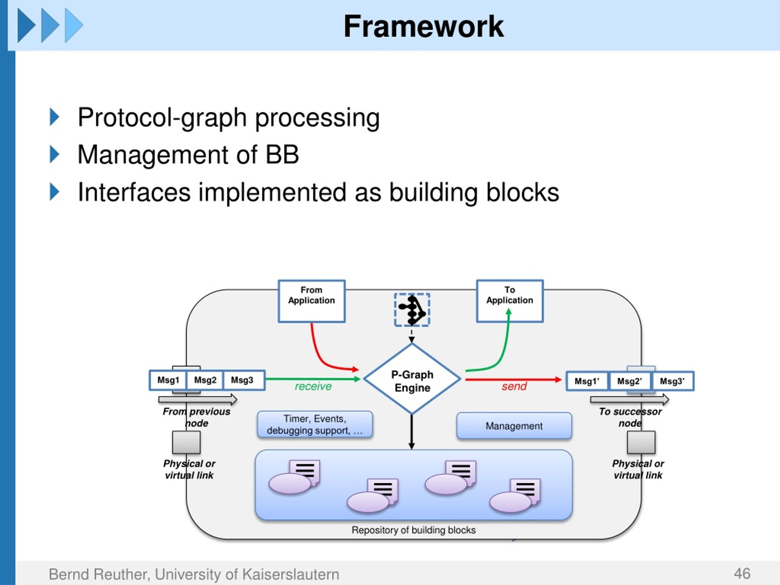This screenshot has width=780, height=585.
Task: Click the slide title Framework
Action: tap(424, 27)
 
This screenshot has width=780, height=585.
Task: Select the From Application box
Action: tap(311, 301)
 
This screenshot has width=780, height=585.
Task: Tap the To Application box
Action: tap(509, 301)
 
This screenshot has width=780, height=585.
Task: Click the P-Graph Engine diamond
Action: tap(412, 379)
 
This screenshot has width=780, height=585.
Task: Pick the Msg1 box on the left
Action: tap(168, 380)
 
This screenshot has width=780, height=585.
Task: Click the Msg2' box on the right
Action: tap(630, 381)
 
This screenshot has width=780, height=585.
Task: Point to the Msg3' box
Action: tap(673, 381)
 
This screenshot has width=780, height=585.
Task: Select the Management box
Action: tap(514, 426)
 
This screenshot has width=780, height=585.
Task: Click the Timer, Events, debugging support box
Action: tap(314, 424)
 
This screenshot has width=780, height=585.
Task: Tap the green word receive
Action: tap(313, 386)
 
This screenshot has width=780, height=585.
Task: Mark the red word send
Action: tap(514, 386)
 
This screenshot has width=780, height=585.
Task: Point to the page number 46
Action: tap(742, 574)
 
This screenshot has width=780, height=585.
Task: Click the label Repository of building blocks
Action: tap(413, 530)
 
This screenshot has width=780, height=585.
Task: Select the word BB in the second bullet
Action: tap(282, 154)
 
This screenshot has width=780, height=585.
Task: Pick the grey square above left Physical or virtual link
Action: tap(186, 442)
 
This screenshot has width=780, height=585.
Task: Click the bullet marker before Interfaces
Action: tap(54, 192)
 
